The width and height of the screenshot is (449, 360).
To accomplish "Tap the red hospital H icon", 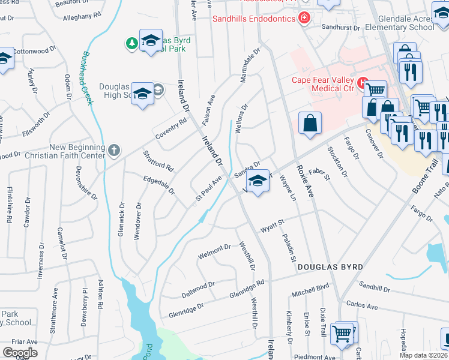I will (x=362, y=82).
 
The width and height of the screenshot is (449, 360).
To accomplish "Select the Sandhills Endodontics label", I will (x=254, y=19).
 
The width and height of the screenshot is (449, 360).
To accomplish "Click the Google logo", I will (x=20, y=352).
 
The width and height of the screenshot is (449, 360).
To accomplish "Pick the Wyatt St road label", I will (x=271, y=228).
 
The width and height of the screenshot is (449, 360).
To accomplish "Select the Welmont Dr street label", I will (x=214, y=251).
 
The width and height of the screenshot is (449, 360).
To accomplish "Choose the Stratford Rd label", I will (x=158, y=160).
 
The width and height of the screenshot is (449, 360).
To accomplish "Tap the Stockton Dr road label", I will (x=337, y=161).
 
